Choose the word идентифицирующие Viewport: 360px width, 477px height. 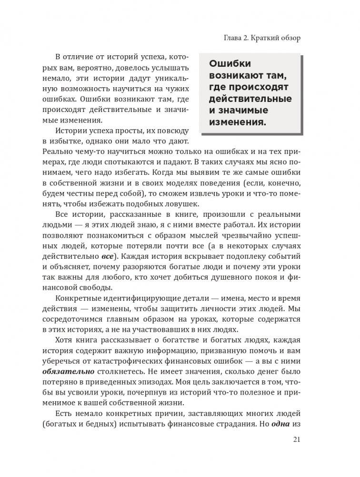[x=159, y=298]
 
